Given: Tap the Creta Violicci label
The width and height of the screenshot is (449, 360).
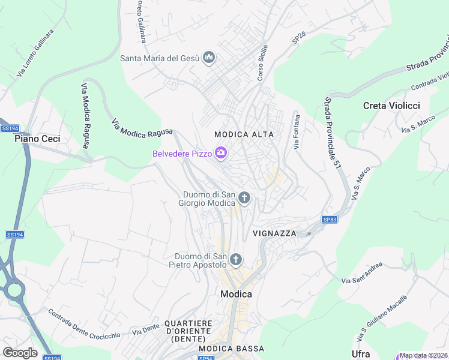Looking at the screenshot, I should click(391, 106).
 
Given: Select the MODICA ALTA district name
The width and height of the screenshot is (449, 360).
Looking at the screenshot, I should click(244, 134).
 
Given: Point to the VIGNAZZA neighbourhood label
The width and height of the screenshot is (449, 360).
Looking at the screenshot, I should click(275, 233).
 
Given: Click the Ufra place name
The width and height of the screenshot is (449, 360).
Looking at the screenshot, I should click(361, 354).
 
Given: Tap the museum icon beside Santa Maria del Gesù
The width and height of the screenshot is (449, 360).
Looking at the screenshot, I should click(209, 58).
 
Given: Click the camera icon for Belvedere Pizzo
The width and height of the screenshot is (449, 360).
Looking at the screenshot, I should click(221, 154).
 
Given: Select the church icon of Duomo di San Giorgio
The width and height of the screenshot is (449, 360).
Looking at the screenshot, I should click(244, 197).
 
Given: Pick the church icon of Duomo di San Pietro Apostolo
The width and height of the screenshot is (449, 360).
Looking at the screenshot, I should click(236, 260).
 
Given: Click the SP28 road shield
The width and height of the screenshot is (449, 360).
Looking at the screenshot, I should click(299, 37).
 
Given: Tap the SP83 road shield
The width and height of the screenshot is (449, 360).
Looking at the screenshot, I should click(330, 220).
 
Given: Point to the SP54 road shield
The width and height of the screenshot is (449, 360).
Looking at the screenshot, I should click(206, 358).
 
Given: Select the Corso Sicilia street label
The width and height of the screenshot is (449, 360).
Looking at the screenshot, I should click(262, 63).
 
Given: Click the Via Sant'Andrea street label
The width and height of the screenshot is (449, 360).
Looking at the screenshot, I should click(362, 273).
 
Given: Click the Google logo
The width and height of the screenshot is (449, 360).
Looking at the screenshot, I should click(20, 352).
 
